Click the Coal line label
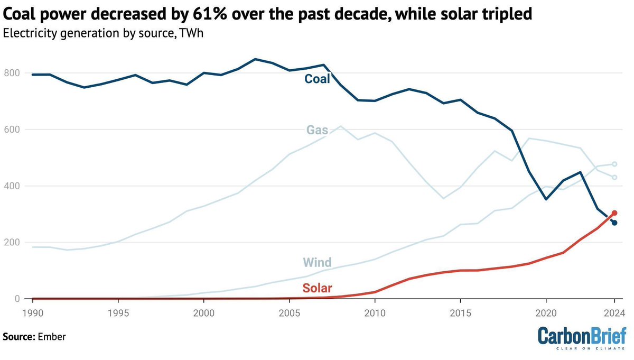click(x=317, y=79)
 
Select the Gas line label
click(x=318, y=130)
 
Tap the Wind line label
click(x=317, y=262)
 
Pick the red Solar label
click(x=317, y=288)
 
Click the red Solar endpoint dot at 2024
click(x=614, y=213)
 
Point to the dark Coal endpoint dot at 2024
click(x=614, y=223)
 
